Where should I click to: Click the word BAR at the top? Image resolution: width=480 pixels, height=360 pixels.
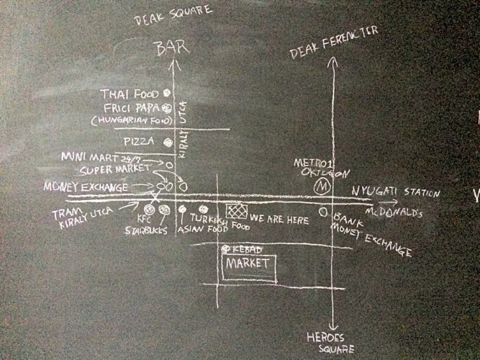[x=173, y=48]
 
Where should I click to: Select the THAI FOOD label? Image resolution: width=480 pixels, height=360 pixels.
[x=130, y=94]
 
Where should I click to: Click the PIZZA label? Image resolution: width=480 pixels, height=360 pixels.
[x=137, y=141]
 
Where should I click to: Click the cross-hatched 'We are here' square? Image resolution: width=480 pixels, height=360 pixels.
[x=236, y=211]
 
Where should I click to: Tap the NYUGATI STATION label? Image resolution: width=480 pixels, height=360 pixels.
[x=395, y=192]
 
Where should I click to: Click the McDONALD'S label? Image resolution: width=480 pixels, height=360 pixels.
[x=395, y=214]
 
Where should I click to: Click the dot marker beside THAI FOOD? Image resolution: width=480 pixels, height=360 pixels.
[x=166, y=93]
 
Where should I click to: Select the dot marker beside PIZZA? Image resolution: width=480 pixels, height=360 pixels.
[x=167, y=141]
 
